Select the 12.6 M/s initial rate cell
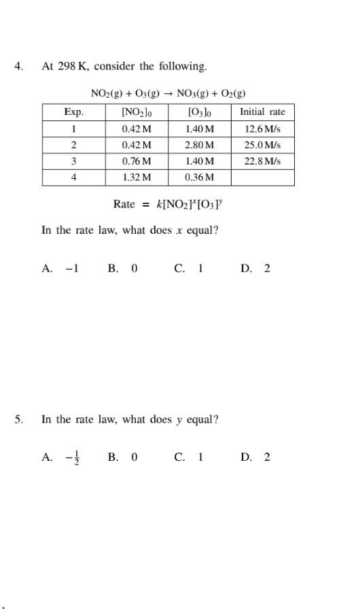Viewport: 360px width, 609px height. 262,128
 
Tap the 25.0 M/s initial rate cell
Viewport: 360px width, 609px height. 262,145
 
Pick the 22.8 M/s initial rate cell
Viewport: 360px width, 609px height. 262,161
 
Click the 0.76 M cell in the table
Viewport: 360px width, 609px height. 137,161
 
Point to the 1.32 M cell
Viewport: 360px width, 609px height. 137,177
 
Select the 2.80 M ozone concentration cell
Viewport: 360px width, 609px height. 199,145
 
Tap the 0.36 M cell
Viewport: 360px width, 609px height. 199,177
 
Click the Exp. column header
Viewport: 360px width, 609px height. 73,112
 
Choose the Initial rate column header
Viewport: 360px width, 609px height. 262,112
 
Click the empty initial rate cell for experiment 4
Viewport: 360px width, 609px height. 262,177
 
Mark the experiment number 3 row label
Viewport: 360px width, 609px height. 73,161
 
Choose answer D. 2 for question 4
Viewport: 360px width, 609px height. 255,268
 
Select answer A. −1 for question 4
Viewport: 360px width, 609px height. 60,268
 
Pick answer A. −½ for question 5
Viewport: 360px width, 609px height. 60,457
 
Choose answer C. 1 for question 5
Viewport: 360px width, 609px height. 189,457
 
